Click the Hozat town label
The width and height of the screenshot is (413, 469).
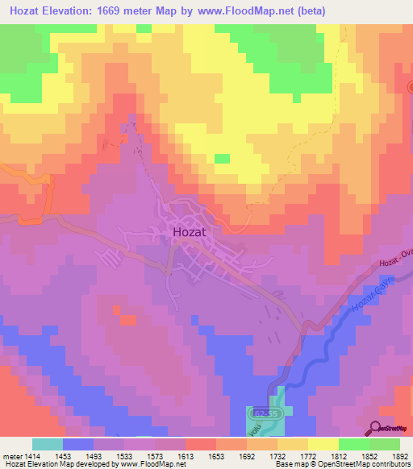click(192, 233)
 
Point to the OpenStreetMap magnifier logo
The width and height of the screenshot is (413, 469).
click(377, 427)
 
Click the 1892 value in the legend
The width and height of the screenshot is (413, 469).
click(400, 456)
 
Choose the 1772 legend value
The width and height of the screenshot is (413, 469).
click(308, 456)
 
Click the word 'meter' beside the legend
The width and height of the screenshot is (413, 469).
click(12, 456)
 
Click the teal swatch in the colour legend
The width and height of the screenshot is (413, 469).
click(48, 445)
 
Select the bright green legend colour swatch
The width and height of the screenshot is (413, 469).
click(354, 445)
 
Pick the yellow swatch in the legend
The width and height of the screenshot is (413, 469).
click(323, 445)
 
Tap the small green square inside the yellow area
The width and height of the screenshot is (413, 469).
click(221, 158)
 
